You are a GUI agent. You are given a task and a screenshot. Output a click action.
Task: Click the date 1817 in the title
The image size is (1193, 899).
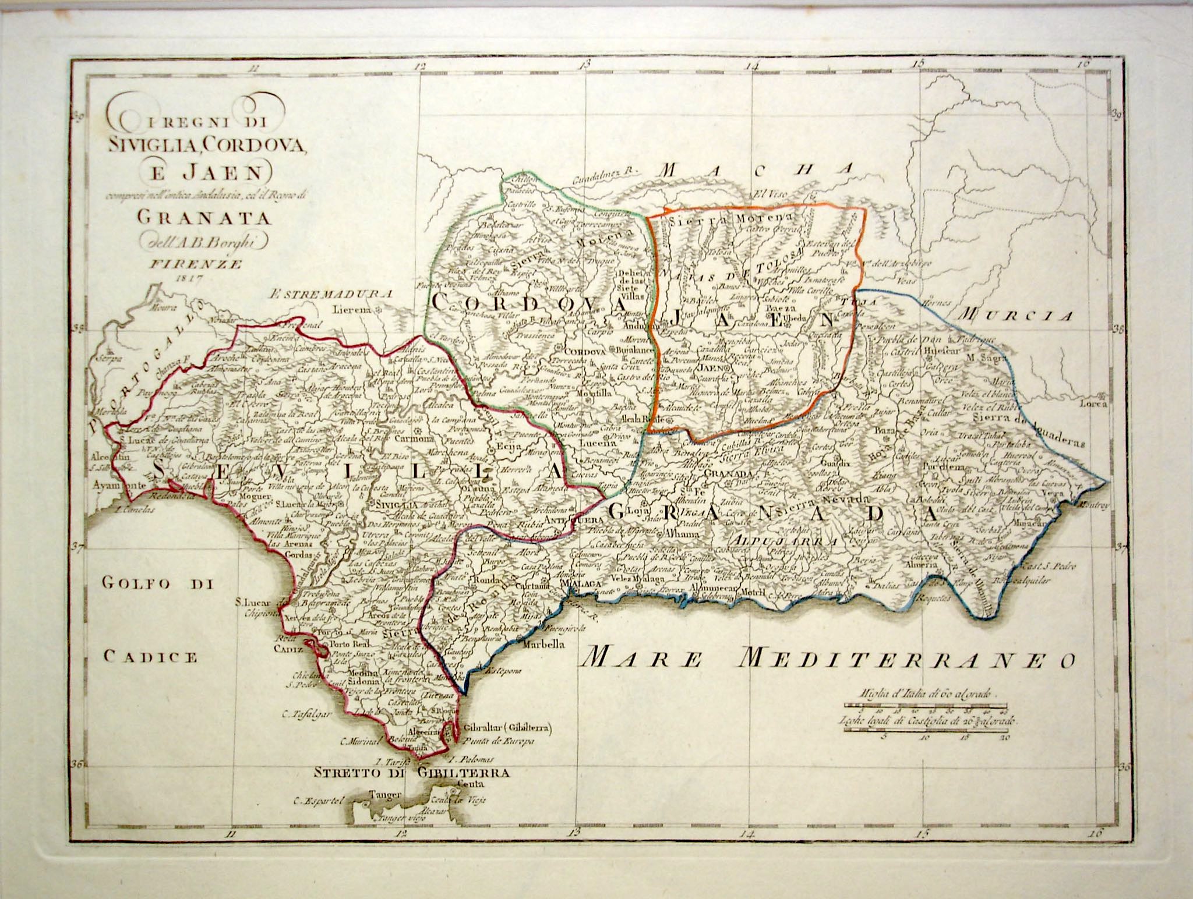[188, 278]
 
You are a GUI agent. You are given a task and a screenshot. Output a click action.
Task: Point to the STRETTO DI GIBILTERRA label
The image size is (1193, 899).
[412, 773]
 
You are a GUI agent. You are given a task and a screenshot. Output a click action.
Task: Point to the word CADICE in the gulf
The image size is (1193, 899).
[151, 657]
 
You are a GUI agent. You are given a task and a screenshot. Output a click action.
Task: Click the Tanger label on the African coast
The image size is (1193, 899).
[385, 794]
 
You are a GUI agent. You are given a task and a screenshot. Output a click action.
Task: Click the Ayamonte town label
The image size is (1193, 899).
[118, 484]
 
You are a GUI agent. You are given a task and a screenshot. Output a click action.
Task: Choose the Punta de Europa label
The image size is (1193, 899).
[499, 742]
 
